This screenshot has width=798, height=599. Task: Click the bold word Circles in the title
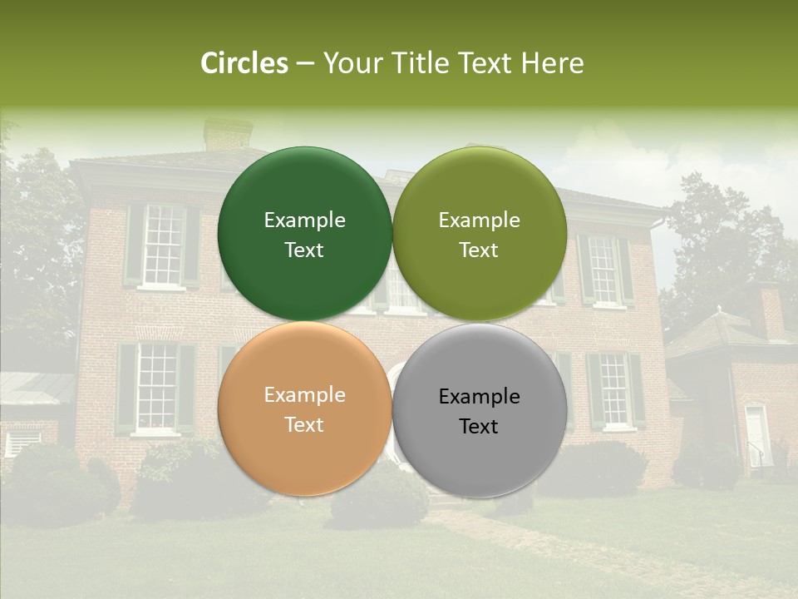coord(244,63)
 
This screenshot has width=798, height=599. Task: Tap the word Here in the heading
coord(552,63)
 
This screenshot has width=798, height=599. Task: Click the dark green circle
coord(304,234)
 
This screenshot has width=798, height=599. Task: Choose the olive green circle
coord(480,234)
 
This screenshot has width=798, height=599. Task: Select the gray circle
coord(480,410)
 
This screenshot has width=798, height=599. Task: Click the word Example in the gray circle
coord(480,396)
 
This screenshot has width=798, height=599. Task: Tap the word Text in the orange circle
coord(304,424)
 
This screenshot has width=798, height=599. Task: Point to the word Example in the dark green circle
coord(304,220)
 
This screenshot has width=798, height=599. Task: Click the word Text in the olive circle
coord(479,250)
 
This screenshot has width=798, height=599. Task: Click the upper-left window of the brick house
coord(162,245)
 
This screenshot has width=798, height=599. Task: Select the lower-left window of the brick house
coord(156,387)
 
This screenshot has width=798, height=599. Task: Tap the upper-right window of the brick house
coord(603,270)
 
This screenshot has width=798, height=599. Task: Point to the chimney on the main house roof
coord(227,133)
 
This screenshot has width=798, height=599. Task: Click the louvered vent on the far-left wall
coord(22,439)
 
